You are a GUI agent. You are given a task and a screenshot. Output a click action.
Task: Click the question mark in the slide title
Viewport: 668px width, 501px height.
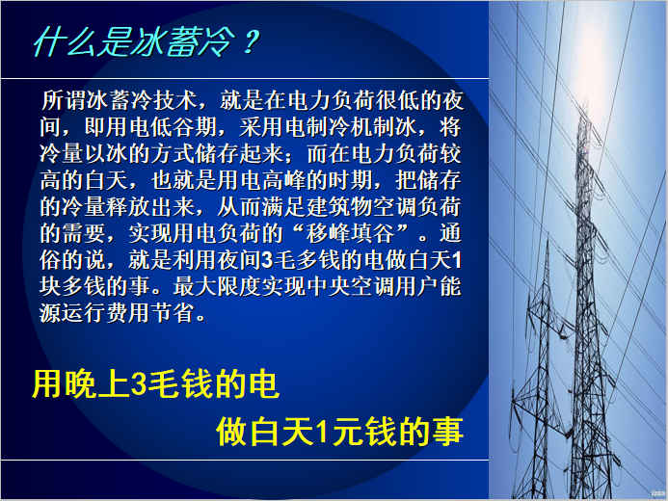[x=249, y=43]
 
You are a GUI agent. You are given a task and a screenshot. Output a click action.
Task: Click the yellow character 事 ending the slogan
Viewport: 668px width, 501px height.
[x=447, y=431]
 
